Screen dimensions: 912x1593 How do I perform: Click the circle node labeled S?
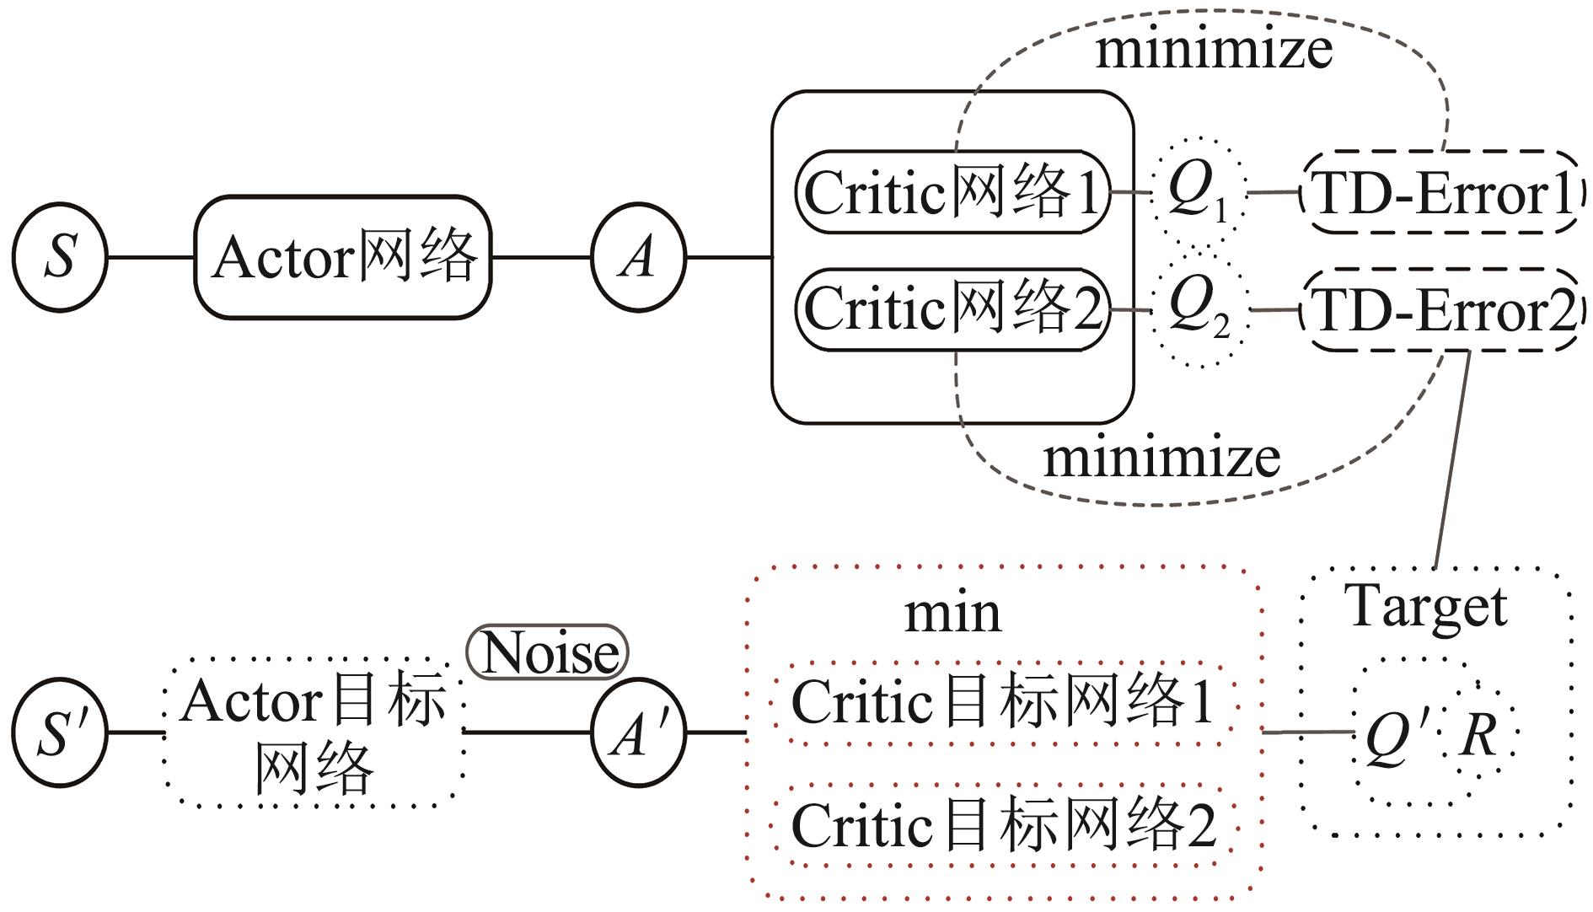pyautogui.click(x=60, y=257)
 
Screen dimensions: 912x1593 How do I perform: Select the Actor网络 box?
pyautogui.click(x=343, y=257)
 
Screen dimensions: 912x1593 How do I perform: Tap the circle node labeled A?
pyautogui.click(x=638, y=257)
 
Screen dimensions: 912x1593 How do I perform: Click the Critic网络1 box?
pyautogui.click(x=952, y=192)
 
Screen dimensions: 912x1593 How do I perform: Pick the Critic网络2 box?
pyautogui.click(x=952, y=308)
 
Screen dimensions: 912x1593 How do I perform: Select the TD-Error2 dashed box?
pyautogui.click(x=1441, y=310)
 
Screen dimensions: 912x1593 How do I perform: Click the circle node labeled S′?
pyautogui.click(x=60, y=732)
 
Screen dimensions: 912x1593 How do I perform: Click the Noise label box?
pyautogui.click(x=548, y=652)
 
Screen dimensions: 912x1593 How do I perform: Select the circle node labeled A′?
pyautogui.click(x=638, y=732)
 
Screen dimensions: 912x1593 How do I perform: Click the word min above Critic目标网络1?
pyautogui.click(x=952, y=613)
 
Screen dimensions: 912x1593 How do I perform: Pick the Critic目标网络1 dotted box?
pyautogui.click(x=1003, y=702)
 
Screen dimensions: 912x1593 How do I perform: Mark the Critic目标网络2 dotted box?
pyautogui.click(x=1003, y=825)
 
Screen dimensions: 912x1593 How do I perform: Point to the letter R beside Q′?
pyautogui.click(x=1479, y=734)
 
